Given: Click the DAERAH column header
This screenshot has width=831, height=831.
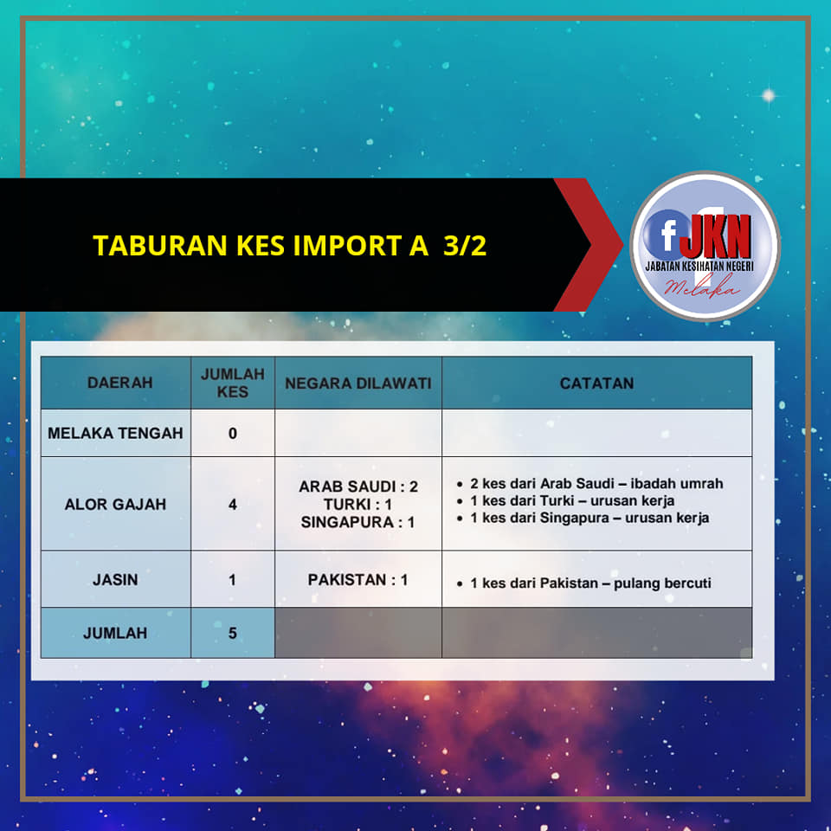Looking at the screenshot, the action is tap(119, 383).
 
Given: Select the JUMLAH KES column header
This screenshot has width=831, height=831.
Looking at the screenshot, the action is tap(233, 383).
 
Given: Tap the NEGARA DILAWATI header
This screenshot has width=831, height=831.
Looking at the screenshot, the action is tap(358, 383).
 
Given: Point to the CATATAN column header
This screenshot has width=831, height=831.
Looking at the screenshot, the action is tap(596, 383).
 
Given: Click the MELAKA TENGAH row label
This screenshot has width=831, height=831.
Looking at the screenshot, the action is tap(115, 433).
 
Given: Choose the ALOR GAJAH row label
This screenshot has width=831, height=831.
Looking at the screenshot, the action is tap(115, 504).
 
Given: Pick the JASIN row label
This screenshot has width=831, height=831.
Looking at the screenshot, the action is tap(115, 580).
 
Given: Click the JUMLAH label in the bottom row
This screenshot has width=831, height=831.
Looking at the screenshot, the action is tap(115, 633).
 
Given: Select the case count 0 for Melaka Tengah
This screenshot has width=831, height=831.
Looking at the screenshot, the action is tap(233, 434).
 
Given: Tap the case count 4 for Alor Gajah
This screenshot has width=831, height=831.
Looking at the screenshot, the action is tap(233, 505).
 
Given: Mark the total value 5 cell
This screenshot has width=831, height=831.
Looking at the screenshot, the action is tap(233, 633).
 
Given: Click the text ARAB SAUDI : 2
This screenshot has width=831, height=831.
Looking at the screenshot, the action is tap(358, 486).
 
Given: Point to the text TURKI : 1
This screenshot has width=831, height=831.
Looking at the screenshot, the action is tap(358, 504).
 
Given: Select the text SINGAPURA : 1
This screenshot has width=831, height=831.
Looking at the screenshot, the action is tap(358, 522).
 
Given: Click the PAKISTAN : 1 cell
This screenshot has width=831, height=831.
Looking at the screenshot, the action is tap(358, 579).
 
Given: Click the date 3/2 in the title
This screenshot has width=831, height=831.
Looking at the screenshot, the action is tap(465, 245).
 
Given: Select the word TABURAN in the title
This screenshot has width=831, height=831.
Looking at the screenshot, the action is tap(160, 245).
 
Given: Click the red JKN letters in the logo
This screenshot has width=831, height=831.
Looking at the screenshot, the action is tap(715, 235).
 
